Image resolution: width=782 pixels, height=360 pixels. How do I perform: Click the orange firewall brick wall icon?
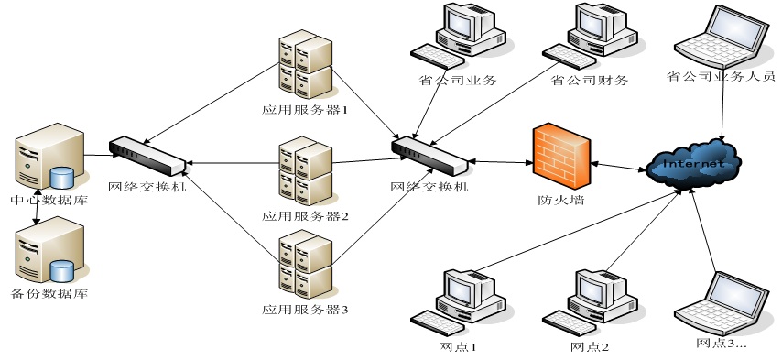(561, 156)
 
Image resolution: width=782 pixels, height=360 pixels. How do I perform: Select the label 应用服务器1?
(304, 109)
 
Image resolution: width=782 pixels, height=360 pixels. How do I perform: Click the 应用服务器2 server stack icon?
(306, 170)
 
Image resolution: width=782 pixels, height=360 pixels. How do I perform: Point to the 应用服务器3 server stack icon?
(306, 264)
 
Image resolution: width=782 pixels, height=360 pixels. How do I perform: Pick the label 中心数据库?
(49, 201)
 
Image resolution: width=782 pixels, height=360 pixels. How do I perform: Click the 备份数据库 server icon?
(49, 250)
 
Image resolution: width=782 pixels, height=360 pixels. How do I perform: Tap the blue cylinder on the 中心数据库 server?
(62, 179)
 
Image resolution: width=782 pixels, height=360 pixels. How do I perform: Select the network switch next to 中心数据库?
(147, 156)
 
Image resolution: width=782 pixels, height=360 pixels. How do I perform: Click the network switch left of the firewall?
(429, 156)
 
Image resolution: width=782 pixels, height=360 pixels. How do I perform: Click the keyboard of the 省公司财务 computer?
(569, 57)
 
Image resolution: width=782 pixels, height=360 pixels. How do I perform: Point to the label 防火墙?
(561, 201)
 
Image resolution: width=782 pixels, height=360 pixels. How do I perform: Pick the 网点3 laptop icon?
(722, 303)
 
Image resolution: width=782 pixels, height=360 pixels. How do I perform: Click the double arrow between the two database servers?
(36, 206)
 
